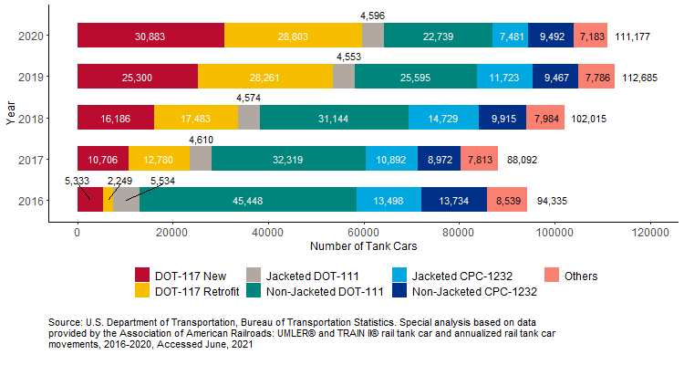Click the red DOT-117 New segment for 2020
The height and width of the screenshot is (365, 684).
[x=150, y=36]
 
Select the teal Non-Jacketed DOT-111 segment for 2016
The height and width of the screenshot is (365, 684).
[x=248, y=200]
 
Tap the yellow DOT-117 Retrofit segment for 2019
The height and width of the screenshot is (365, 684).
[x=265, y=77]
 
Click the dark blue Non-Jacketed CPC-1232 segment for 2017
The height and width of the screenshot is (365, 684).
[x=439, y=159]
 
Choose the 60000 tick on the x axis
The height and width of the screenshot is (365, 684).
[x=363, y=233]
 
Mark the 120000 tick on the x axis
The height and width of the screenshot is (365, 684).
[x=649, y=233]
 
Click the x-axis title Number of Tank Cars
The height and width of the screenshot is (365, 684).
[x=363, y=247]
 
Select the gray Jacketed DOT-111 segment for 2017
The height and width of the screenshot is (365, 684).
[x=200, y=159]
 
